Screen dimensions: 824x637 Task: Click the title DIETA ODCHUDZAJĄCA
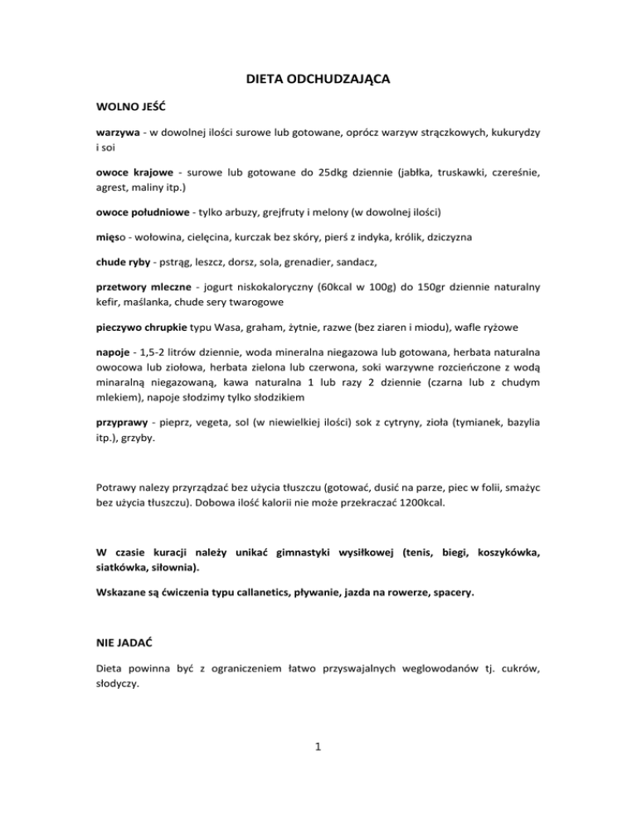click(x=318, y=80)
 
